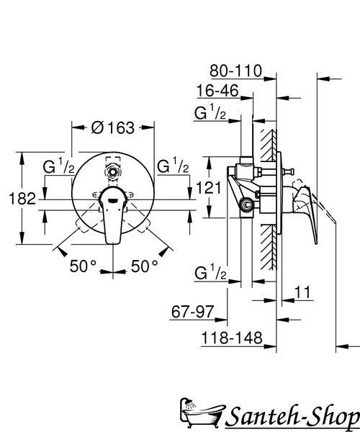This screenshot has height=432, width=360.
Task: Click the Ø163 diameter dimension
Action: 113,128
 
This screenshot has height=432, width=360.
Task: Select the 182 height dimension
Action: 22,199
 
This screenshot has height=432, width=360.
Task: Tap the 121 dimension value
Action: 209,188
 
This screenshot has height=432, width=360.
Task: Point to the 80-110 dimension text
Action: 235,71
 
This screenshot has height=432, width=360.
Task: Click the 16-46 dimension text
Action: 217,91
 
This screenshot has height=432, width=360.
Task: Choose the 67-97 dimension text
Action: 192,312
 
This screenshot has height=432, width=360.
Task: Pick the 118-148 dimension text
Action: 232,338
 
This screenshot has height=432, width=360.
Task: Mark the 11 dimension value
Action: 302,292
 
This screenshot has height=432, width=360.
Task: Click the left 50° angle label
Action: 83,266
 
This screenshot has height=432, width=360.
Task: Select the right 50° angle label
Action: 144,266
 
